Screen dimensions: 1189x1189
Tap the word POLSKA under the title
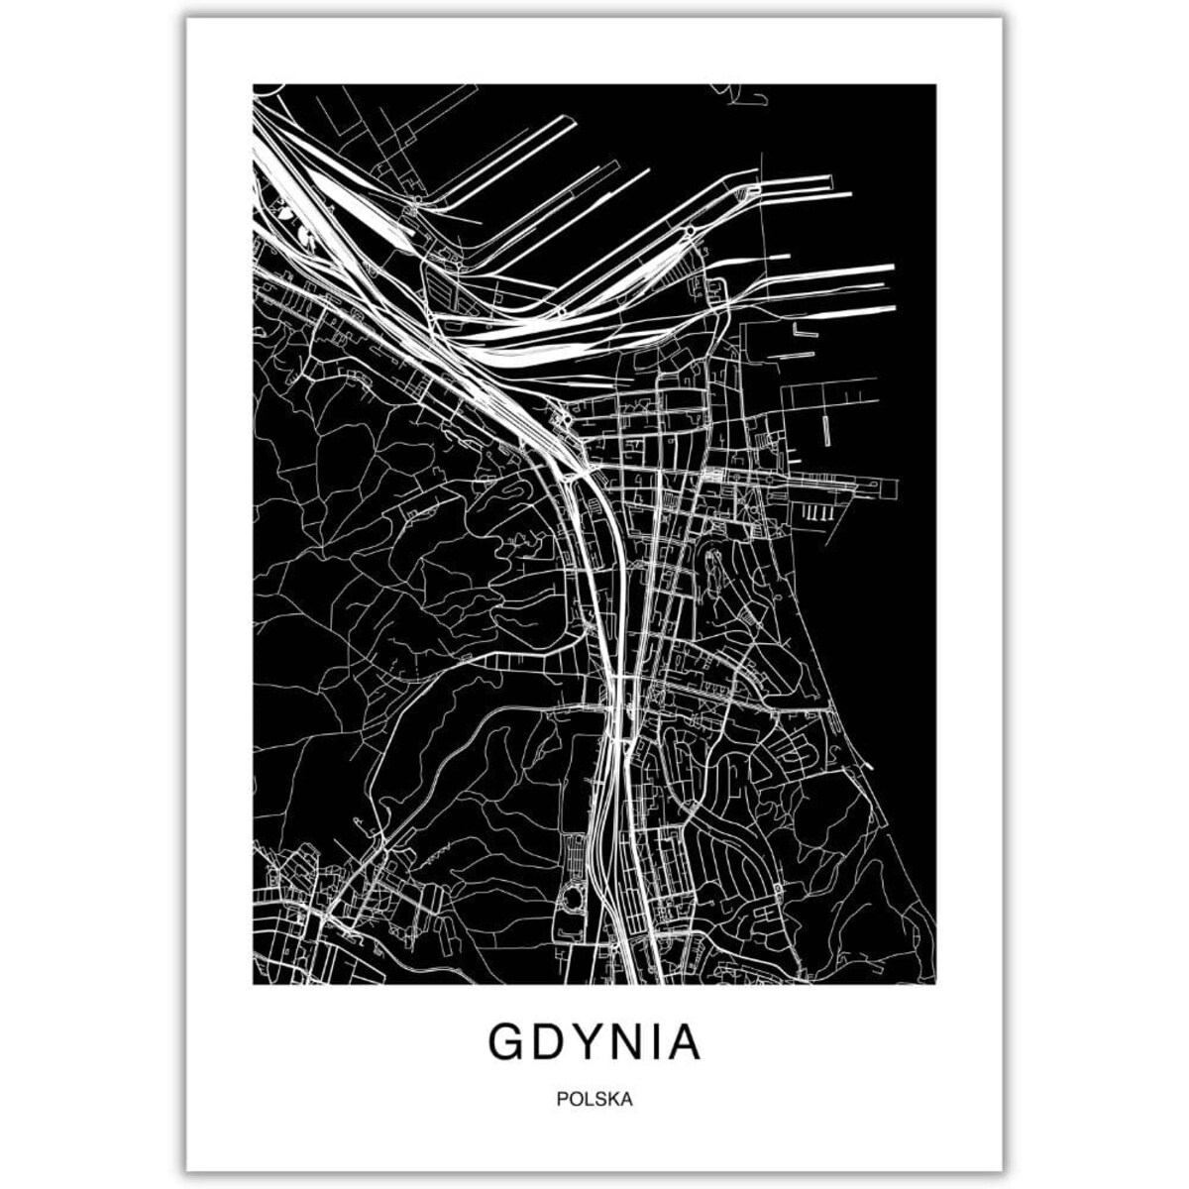(594, 1099)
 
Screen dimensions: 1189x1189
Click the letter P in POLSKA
(563, 1099)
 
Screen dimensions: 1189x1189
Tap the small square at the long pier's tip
(890, 488)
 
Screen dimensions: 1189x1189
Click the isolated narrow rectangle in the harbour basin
(825, 428)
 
